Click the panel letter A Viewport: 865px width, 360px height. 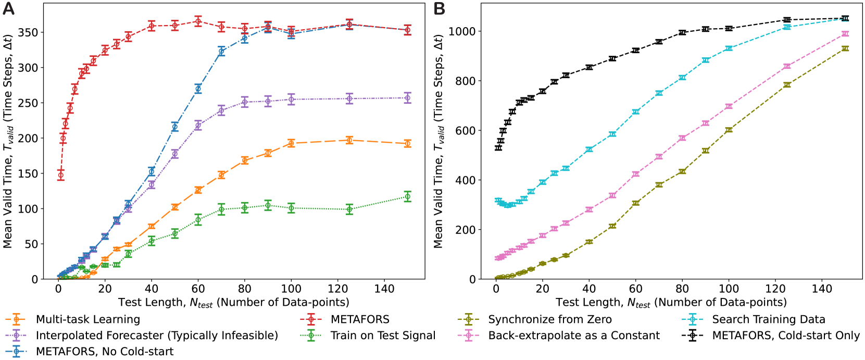pos(8,9)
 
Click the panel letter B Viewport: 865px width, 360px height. pos(439,9)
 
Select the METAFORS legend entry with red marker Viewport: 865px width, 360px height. pos(360,319)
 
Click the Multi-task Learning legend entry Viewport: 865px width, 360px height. pos(87,319)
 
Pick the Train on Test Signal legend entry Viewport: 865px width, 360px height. pos(383,336)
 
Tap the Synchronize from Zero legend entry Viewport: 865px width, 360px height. pos(549,319)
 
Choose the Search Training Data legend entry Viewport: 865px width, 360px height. pos(768,319)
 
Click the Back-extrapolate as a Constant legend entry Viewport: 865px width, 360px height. pos(573,336)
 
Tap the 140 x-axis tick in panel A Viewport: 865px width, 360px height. pos(384,289)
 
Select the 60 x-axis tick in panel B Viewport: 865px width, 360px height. pos(635,289)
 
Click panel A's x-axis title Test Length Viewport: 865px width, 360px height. pos(233,302)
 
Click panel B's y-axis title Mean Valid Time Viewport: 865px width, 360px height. pos(438,141)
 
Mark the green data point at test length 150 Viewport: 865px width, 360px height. pos(407,196)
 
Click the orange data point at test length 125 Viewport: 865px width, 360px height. pos(349,140)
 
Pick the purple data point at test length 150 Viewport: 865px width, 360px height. pos(407,98)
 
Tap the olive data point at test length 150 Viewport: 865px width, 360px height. pos(845,48)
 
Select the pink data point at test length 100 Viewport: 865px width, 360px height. pos(729,106)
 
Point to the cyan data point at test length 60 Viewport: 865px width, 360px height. pos(635,112)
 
